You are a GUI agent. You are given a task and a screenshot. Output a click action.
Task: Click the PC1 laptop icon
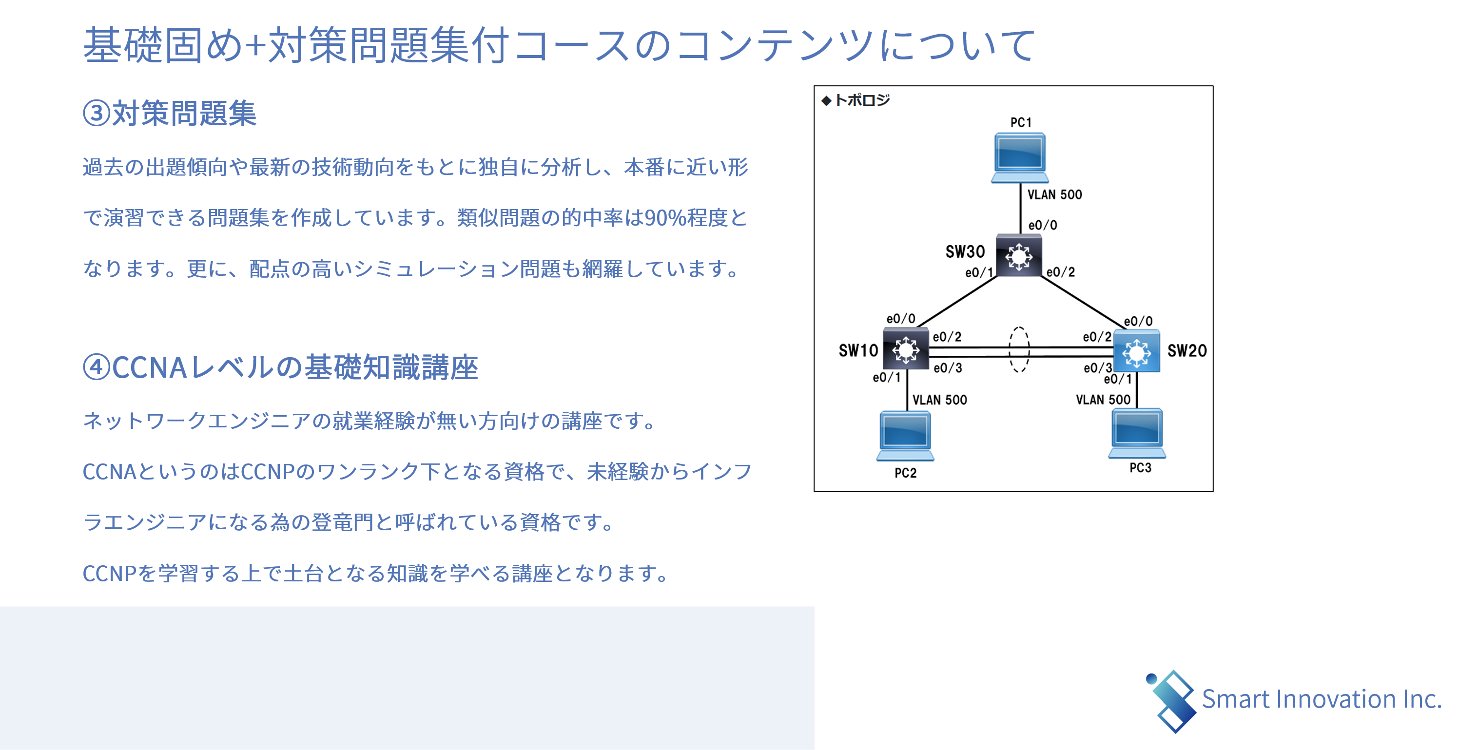(1018, 158)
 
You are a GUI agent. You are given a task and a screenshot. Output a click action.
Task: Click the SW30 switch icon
(1018, 256)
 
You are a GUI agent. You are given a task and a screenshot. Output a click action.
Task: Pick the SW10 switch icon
(906, 349)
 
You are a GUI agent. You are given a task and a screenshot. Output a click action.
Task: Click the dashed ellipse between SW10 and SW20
(1019, 350)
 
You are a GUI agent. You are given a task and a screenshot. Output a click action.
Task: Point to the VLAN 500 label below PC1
(1054, 195)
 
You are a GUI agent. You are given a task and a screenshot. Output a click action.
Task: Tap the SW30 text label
(965, 252)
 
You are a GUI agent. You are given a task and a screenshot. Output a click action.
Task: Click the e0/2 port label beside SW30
(1060, 272)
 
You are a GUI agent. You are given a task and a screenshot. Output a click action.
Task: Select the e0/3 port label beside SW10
(948, 368)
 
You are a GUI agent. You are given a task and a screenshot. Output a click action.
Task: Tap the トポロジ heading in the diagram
(861, 101)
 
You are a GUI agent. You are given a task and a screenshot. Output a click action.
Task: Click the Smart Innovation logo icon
(1171, 701)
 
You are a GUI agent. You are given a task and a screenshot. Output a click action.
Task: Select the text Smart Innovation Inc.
(1321, 700)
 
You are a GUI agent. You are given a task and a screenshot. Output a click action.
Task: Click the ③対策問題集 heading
(170, 113)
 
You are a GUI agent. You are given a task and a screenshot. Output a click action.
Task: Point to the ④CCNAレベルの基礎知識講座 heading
(280, 367)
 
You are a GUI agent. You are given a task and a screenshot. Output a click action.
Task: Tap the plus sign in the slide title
(256, 45)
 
